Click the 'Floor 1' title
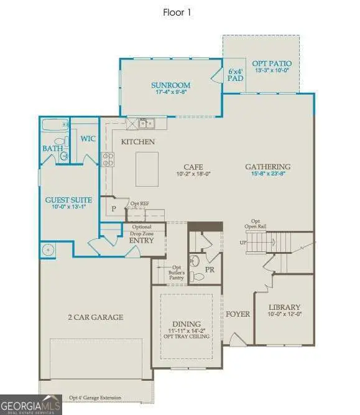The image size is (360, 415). click(x=180, y=12)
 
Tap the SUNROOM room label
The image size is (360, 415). click(x=170, y=85)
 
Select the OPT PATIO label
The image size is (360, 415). click(x=272, y=63)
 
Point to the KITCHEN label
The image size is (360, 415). click(x=138, y=142)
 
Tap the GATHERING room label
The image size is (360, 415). click(x=268, y=167)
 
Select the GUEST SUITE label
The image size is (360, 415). click(x=69, y=200)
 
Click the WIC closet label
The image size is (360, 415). click(x=88, y=138)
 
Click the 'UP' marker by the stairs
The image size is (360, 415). click(x=242, y=242)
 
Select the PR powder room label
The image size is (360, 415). click(x=210, y=269)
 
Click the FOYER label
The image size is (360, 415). click(x=238, y=314)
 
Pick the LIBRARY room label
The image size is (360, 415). click(x=285, y=307)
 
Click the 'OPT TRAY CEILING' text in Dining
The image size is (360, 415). click(x=187, y=337)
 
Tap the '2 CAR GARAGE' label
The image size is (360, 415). click(x=95, y=317)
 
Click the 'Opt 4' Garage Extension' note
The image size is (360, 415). click(x=95, y=398)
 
